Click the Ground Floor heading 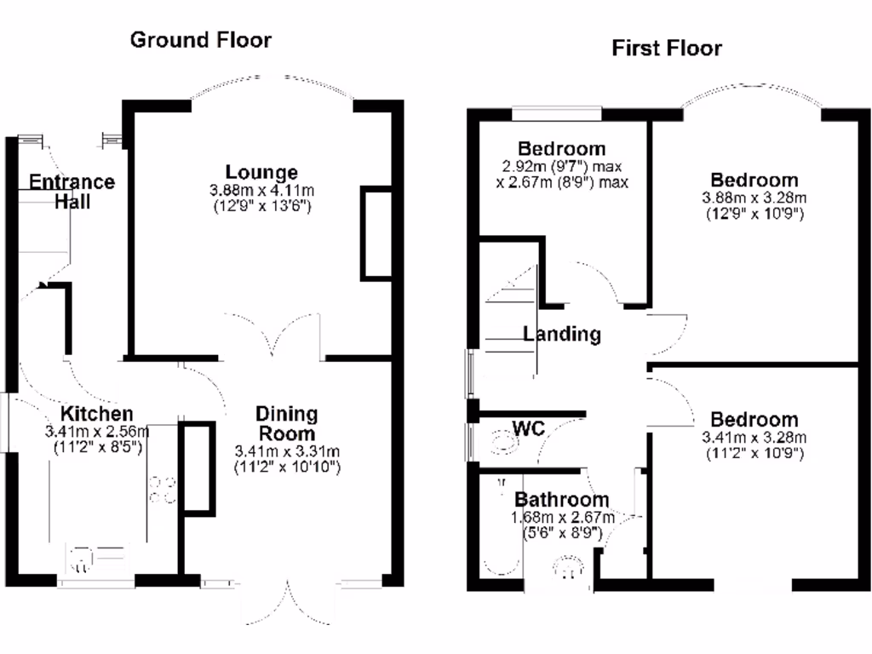click(201, 39)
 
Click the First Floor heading click(666, 48)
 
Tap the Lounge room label click(262, 173)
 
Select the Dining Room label click(287, 423)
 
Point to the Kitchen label click(95, 415)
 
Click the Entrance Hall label click(72, 192)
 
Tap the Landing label click(561, 334)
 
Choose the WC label click(528, 427)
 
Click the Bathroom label click(561, 500)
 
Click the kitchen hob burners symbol click(161, 490)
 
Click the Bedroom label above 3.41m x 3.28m click(754, 420)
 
